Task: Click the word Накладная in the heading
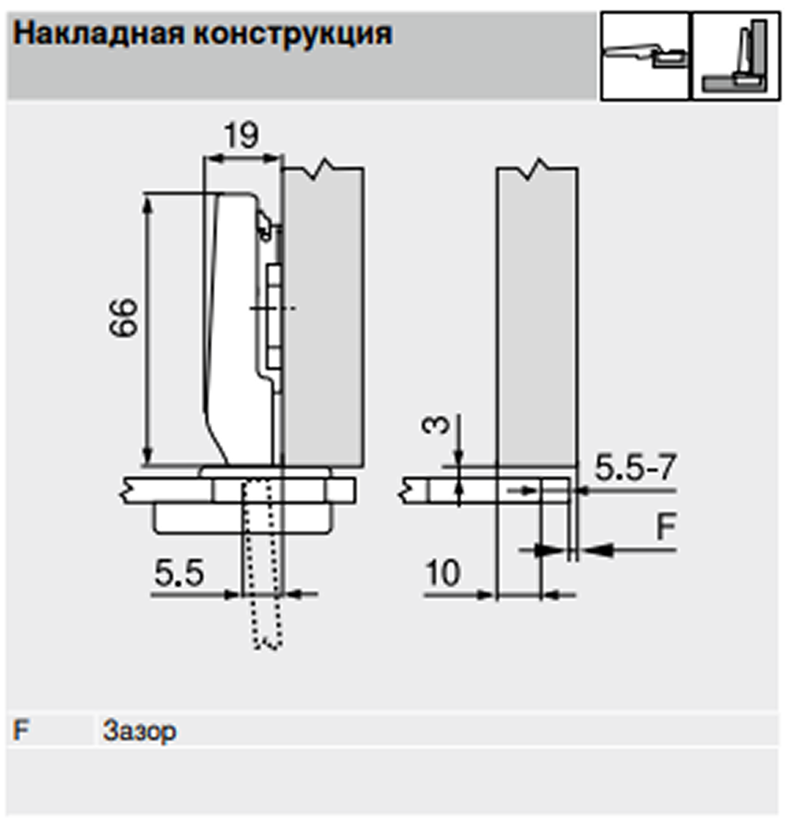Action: point(99,34)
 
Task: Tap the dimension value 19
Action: point(241,135)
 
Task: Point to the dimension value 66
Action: point(123,317)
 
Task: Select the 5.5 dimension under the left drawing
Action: point(180,573)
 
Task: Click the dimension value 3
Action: point(435,425)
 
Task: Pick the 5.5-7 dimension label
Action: point(635,467)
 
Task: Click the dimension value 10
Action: point(443,573)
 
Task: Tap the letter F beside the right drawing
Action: point(665,526)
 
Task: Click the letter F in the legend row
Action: point(20,730)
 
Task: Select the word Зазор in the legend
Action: point(140,732)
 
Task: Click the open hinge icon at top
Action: point(645,57)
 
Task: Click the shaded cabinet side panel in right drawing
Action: point(537,319)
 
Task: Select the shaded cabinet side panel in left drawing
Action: point(323,319)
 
